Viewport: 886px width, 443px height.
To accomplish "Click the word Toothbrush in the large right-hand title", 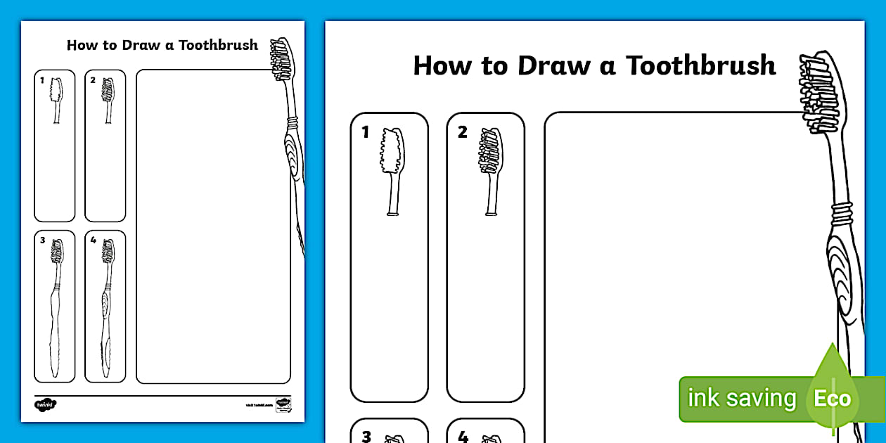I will [x=700, y=65].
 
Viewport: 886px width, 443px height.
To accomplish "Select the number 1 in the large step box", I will [x=365, y=132].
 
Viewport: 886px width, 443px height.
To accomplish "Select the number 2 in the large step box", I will [x=462, y=132].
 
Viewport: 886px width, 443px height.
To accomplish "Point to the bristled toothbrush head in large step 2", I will [x=490, y=152].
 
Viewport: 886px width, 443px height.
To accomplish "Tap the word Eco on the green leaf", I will [x=833, y=399].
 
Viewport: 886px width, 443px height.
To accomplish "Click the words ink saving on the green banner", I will [x=741, y=399].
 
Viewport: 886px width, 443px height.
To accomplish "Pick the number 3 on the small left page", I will [x=42, y=240].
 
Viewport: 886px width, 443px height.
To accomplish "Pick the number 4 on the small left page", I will [x=93, y=240].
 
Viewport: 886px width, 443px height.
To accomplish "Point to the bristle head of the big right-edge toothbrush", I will [x=818, y=95].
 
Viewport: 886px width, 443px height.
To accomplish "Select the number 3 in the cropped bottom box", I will [x=366, y=437].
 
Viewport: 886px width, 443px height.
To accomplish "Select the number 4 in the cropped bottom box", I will [x=463, y=437].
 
